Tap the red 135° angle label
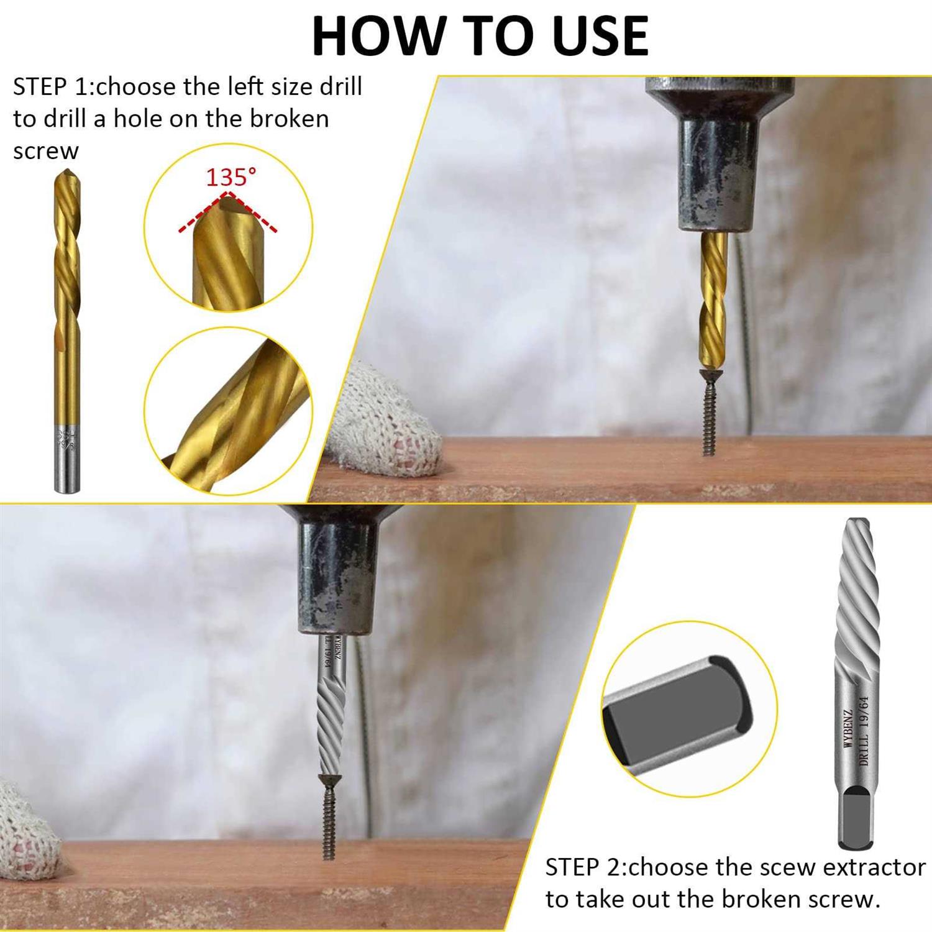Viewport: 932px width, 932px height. tap(231, 178)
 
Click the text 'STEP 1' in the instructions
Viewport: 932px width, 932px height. tap(51, 87)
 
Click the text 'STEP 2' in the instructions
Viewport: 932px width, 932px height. tap(584, 867)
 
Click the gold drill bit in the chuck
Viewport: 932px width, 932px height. tap(713, 298)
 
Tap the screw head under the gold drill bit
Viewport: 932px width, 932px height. tap(708, 374)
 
